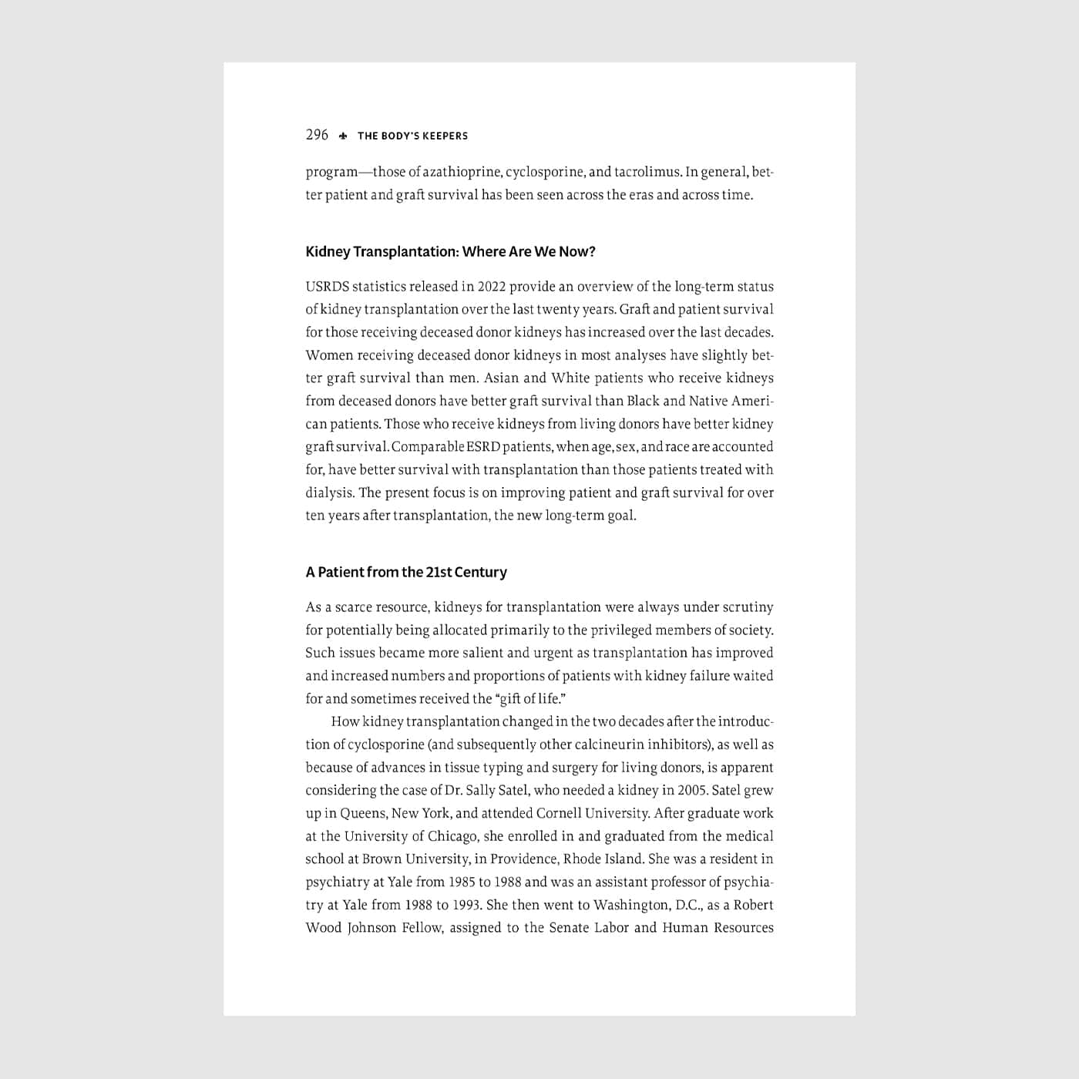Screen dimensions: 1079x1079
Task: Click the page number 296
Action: click(x=317, y=135)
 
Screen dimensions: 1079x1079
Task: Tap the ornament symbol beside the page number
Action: click(x=343, y=136)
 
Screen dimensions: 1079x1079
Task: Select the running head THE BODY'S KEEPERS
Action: click(x=412, y=136)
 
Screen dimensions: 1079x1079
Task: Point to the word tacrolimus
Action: click(x=647, y=172)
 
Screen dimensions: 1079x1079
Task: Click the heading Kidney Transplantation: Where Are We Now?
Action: click(x=450, y=252)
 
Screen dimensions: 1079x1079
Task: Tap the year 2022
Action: click(x=491, y=287)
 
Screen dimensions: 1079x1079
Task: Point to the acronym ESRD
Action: click(x=482, y=447)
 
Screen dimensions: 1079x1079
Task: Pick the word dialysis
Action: click(x=328, y=493)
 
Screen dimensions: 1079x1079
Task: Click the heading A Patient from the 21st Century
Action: click(x=406, y=573)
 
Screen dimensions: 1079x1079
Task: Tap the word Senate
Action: click(x=569, y=928)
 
